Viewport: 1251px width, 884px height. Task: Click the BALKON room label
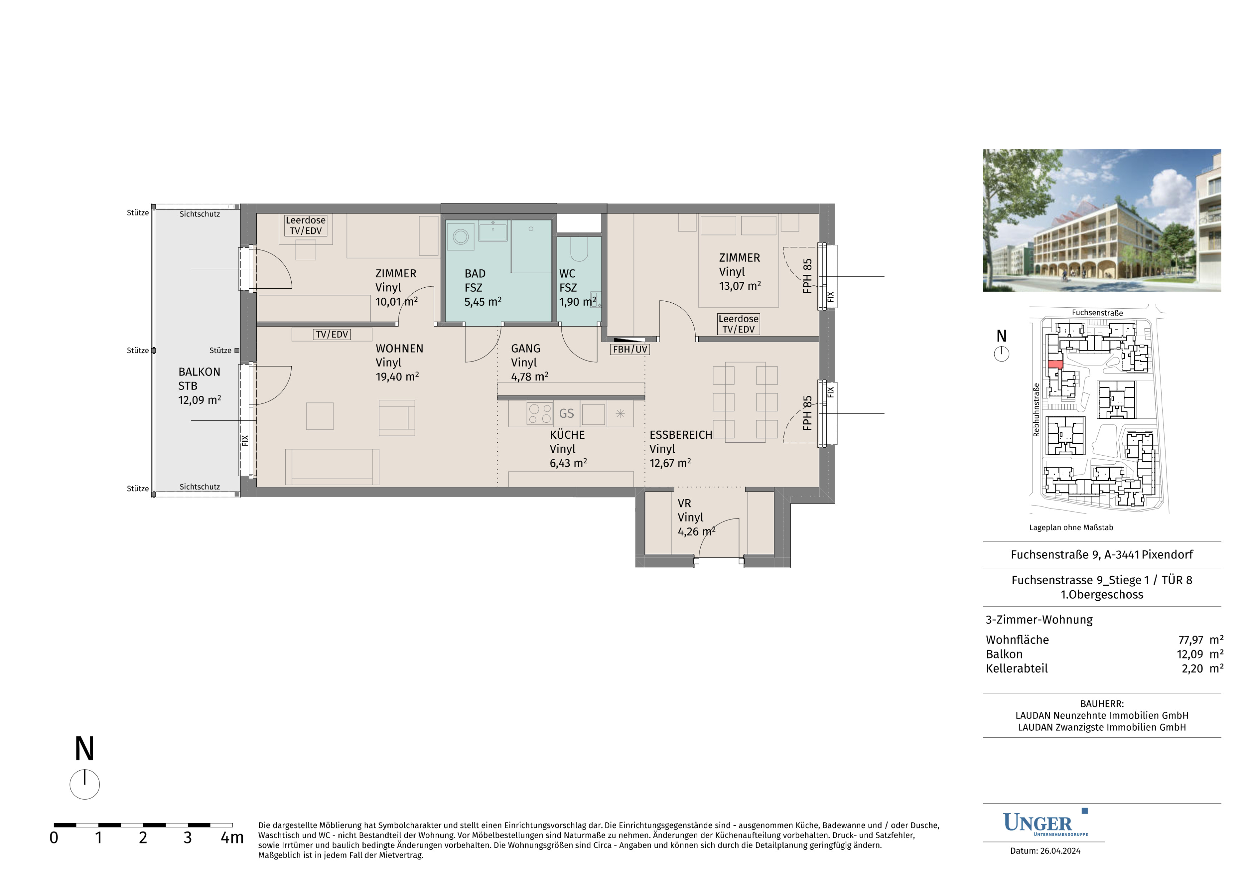[199, 372]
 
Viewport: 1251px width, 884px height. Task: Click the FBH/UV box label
[630, 349]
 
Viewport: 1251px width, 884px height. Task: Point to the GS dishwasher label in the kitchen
[567, 413]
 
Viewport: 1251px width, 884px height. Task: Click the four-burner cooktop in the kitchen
[539, 413]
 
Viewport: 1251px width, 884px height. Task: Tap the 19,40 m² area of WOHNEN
[397, 376]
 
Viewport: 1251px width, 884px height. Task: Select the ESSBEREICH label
[681, 434]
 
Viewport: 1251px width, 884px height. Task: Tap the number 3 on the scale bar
[187, 838]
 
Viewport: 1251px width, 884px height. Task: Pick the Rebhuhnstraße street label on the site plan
[1036, 409]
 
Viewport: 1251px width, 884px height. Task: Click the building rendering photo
[1102, 220]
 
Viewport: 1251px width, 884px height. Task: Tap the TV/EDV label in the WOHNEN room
[332, 334]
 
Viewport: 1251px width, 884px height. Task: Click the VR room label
[684, 503]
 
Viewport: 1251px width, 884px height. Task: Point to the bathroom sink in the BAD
[493, 232]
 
